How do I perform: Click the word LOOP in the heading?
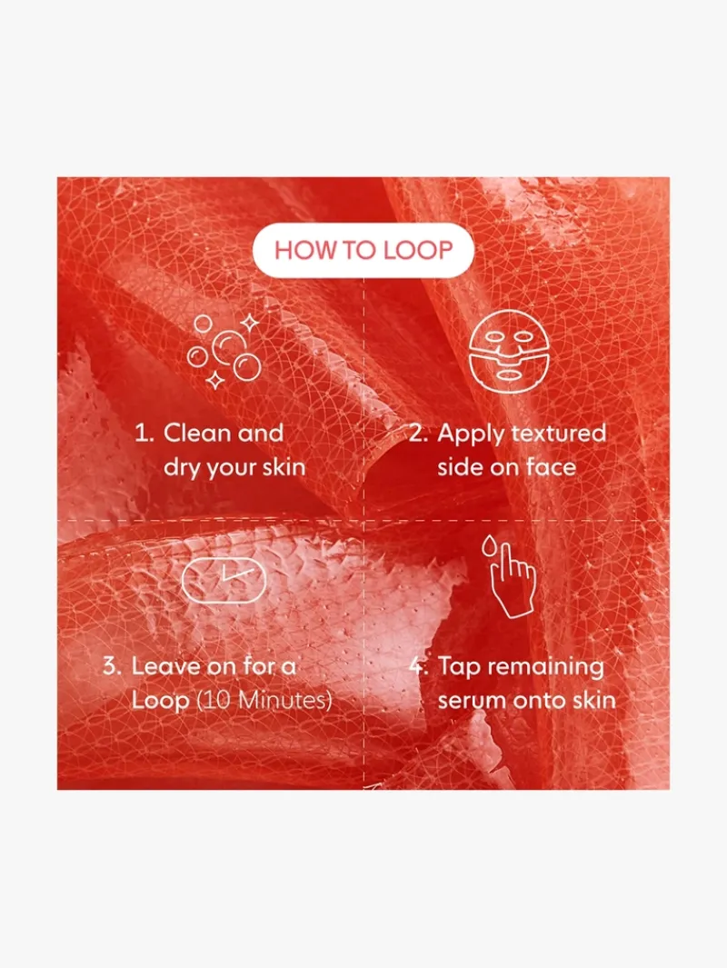(418, 250)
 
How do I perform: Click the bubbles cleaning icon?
(224, 351)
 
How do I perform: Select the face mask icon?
(509, 356)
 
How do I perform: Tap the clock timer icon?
(224, 580)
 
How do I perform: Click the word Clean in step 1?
(197, 433)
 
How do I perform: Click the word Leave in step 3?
(165, 666)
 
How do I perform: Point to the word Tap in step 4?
(459, 668)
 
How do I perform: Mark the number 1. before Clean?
(145, 433)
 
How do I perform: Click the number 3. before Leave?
(114, 666)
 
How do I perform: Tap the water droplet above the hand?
(490, 545)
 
